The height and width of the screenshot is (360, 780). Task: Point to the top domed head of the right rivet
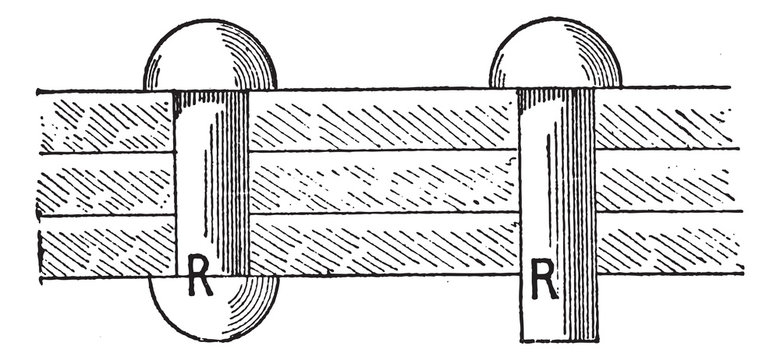(555, 60)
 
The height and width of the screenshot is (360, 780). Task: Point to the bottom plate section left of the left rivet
(105, 248)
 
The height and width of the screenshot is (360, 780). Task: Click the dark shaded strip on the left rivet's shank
(236, 180)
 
